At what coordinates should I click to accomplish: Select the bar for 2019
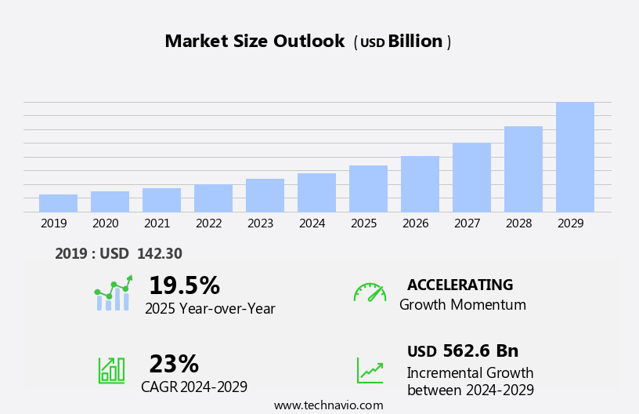click(58, 203)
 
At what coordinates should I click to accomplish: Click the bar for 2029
click(575, 157)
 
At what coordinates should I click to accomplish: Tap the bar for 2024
click(316, 192)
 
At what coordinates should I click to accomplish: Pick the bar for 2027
click(471, 177)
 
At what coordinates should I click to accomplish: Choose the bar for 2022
click(213, 198)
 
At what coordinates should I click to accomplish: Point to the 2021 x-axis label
click(157, 223)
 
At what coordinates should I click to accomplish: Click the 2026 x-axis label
click(415, 223)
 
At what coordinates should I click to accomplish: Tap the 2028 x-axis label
click(518, 223)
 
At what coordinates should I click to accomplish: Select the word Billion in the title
click(415, 42)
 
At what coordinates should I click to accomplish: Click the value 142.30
click(159, 254)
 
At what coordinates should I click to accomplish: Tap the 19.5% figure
click(184, 285)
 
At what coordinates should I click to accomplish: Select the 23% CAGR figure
click(174, 364)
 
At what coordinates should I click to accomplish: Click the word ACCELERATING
click(460, 285)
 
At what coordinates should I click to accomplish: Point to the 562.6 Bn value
click(480, 351)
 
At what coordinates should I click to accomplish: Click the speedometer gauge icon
click(370, 292)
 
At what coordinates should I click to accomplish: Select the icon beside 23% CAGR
click(111, 369)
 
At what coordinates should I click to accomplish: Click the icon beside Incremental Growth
click(370, 370)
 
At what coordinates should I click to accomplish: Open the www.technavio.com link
click(328, 405)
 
